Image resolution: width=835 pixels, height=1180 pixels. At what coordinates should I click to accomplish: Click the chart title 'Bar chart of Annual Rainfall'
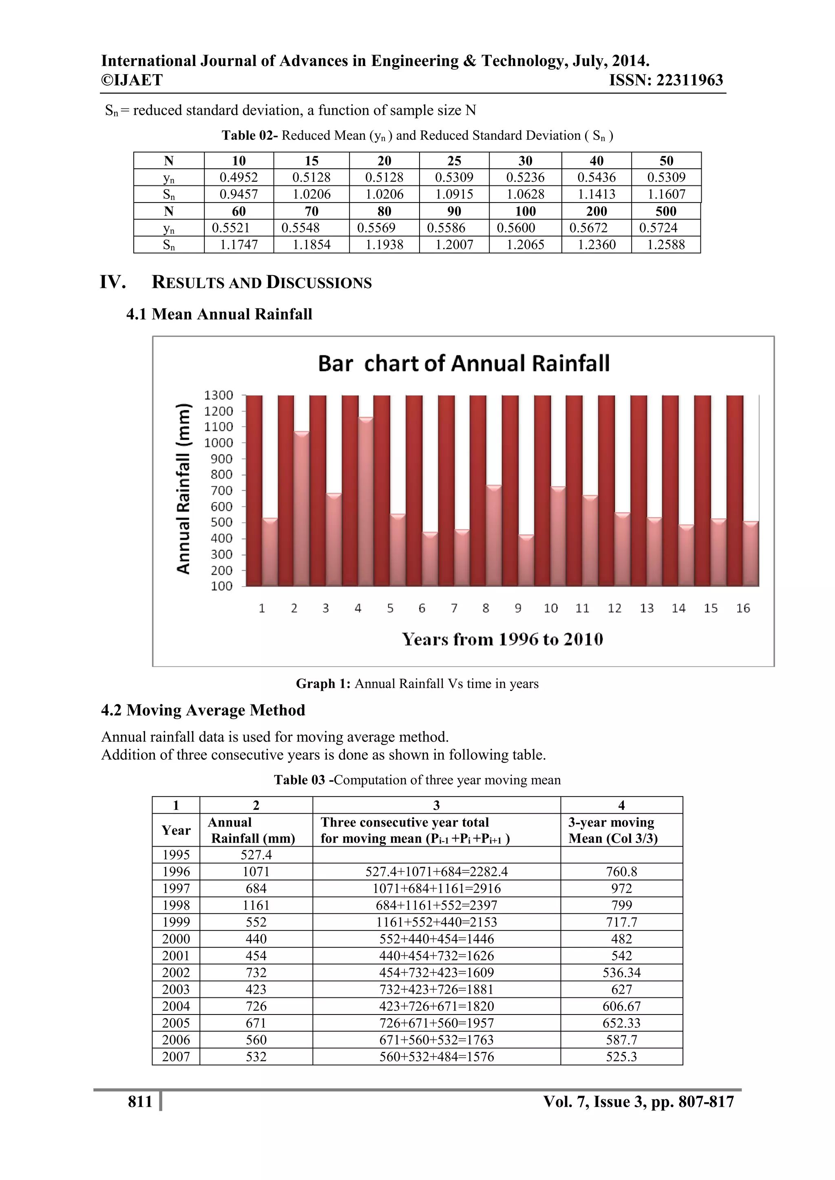(464, 363)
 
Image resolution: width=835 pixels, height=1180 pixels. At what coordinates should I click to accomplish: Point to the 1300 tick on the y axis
(219, 395)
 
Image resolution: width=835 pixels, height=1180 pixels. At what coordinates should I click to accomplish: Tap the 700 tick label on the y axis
(222, 490)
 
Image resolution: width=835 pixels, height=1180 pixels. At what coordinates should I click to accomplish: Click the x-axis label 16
(743, 609)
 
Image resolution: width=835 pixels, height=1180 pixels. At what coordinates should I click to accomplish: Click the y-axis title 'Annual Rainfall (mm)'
(183, 488)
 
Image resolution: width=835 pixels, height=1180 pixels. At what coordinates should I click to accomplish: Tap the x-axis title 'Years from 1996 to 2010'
(502, 640)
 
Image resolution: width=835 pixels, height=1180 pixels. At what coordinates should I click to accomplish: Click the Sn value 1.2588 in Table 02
(666, 245)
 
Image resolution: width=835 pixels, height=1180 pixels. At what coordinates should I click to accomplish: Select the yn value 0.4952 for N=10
(239, 177)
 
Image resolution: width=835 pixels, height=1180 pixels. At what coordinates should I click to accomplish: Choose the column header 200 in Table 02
(596, 211)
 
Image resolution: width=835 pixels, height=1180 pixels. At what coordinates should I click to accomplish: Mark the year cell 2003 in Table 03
(176, 989)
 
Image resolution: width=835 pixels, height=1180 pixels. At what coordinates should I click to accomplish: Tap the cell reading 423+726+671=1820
(437, 1006)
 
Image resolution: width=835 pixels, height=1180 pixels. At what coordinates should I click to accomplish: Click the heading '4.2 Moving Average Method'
(203, 710)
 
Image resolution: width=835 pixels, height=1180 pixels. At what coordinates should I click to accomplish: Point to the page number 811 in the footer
(140, 1101)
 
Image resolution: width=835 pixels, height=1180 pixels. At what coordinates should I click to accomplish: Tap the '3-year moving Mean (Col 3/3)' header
(612, 830)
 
